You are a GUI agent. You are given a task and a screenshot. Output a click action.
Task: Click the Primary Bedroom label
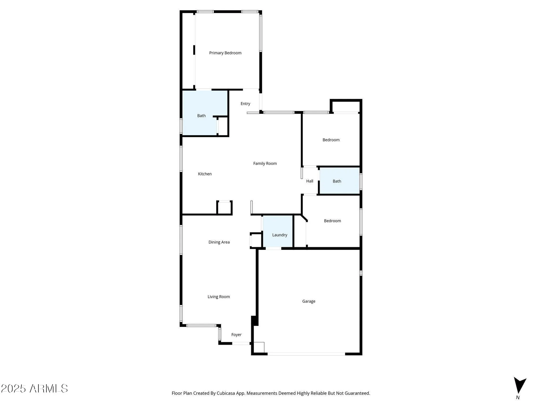(225, 53)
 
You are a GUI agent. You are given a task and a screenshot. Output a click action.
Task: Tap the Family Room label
(265, 163)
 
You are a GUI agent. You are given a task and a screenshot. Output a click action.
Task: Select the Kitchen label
(205, 174)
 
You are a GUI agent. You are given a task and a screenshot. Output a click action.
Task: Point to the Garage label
(309, 301)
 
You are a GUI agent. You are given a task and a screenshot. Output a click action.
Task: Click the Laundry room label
(279, 235)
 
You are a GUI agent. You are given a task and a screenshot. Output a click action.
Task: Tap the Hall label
(309, 181)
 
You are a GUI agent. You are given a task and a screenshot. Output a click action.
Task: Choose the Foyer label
(236, 335)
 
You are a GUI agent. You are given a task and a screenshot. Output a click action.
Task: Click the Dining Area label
(219, 242)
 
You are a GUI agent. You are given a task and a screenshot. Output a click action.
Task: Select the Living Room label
(218, 297)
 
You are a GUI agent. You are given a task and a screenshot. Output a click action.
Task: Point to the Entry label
(245, 104)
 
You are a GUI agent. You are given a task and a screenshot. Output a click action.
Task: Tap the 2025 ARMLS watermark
(34, 389)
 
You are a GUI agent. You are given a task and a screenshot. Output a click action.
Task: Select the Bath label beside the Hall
(337, 181)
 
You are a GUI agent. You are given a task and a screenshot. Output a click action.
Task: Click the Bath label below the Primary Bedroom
(201, 116)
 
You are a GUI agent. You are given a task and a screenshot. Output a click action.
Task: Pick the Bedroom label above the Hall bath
(331, 140)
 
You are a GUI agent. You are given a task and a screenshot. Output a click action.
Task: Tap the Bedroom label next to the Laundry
(332, 221)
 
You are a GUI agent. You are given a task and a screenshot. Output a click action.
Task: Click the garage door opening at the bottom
(306, 354)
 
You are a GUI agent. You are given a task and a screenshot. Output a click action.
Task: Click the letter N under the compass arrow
(518, 398)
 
